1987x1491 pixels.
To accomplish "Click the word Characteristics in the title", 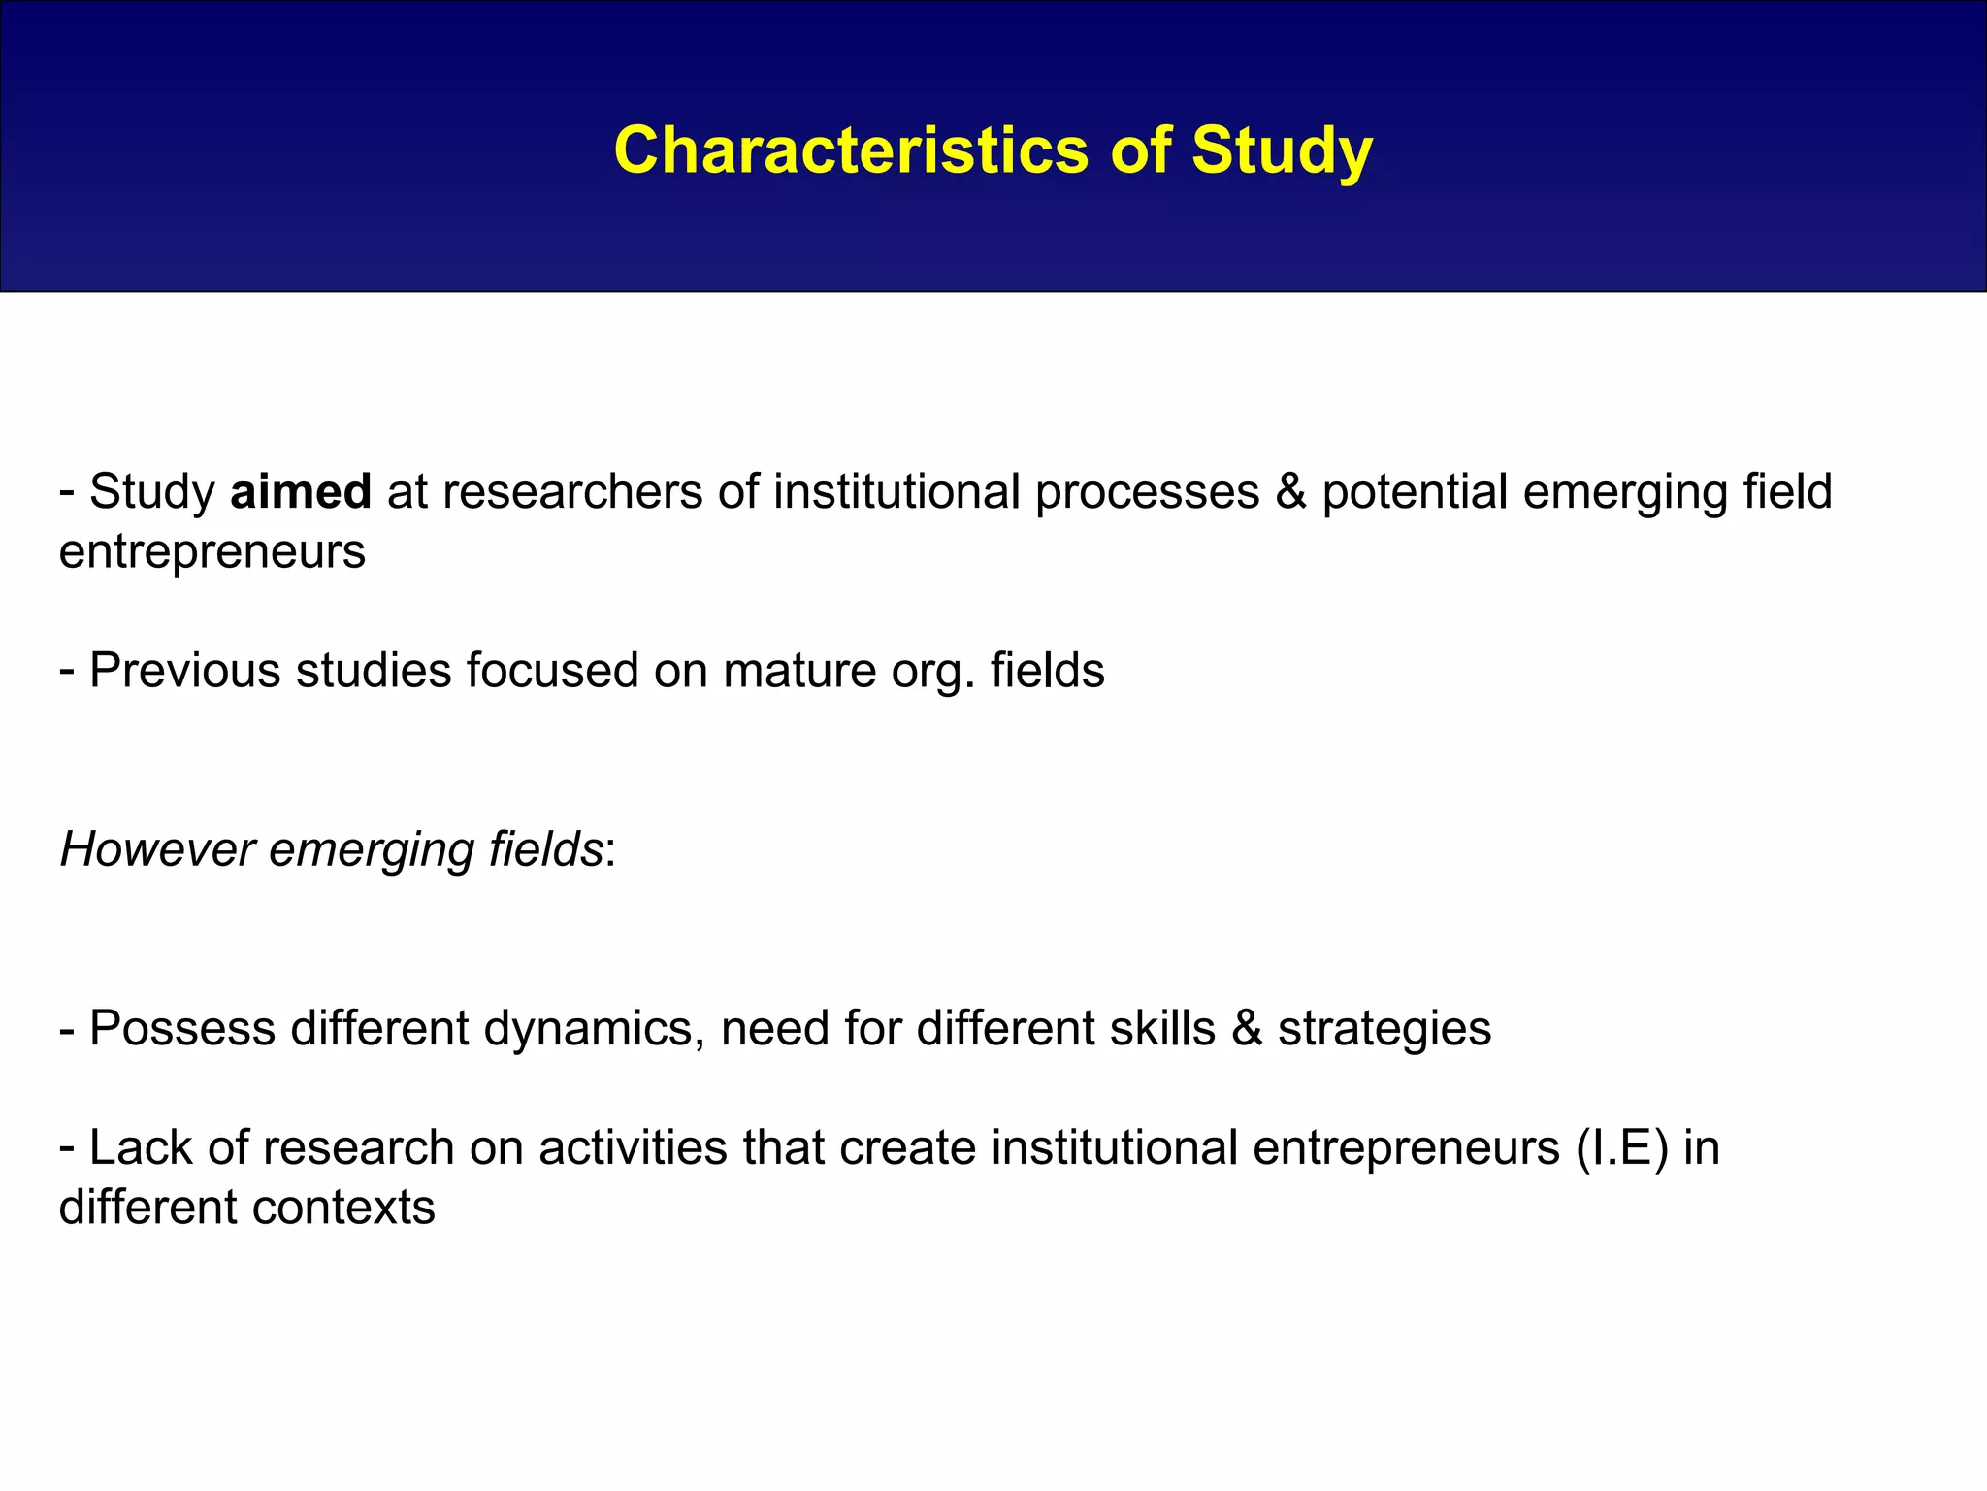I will pyautogui.click(x=851, y=150).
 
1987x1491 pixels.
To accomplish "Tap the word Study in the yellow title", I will pyautogui.click(x=1282, y=150).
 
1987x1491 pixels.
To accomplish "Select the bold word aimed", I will pyautogui.click(x=301, y=491).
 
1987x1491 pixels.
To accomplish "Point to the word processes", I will pyautogui.click(x=1146, y=491).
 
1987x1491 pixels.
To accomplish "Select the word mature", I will pyautogui.click(x=798, y=671).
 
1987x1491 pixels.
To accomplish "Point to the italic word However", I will pyautogui.click(x=157, y=849).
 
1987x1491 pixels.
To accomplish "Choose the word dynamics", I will pyautogui.click(x=594, y=1029).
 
